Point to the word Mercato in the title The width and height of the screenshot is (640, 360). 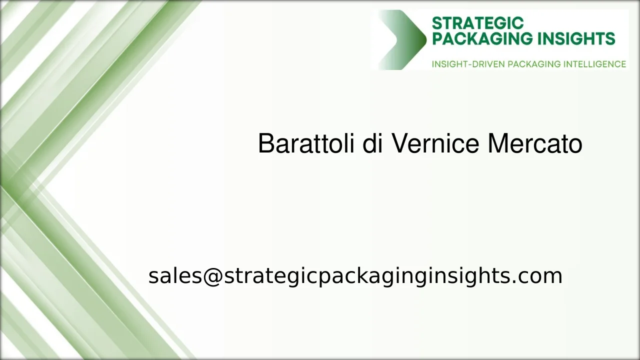[534, 144]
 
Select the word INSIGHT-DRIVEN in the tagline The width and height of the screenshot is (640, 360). [468, 64]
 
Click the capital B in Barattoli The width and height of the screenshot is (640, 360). [266, 144]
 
